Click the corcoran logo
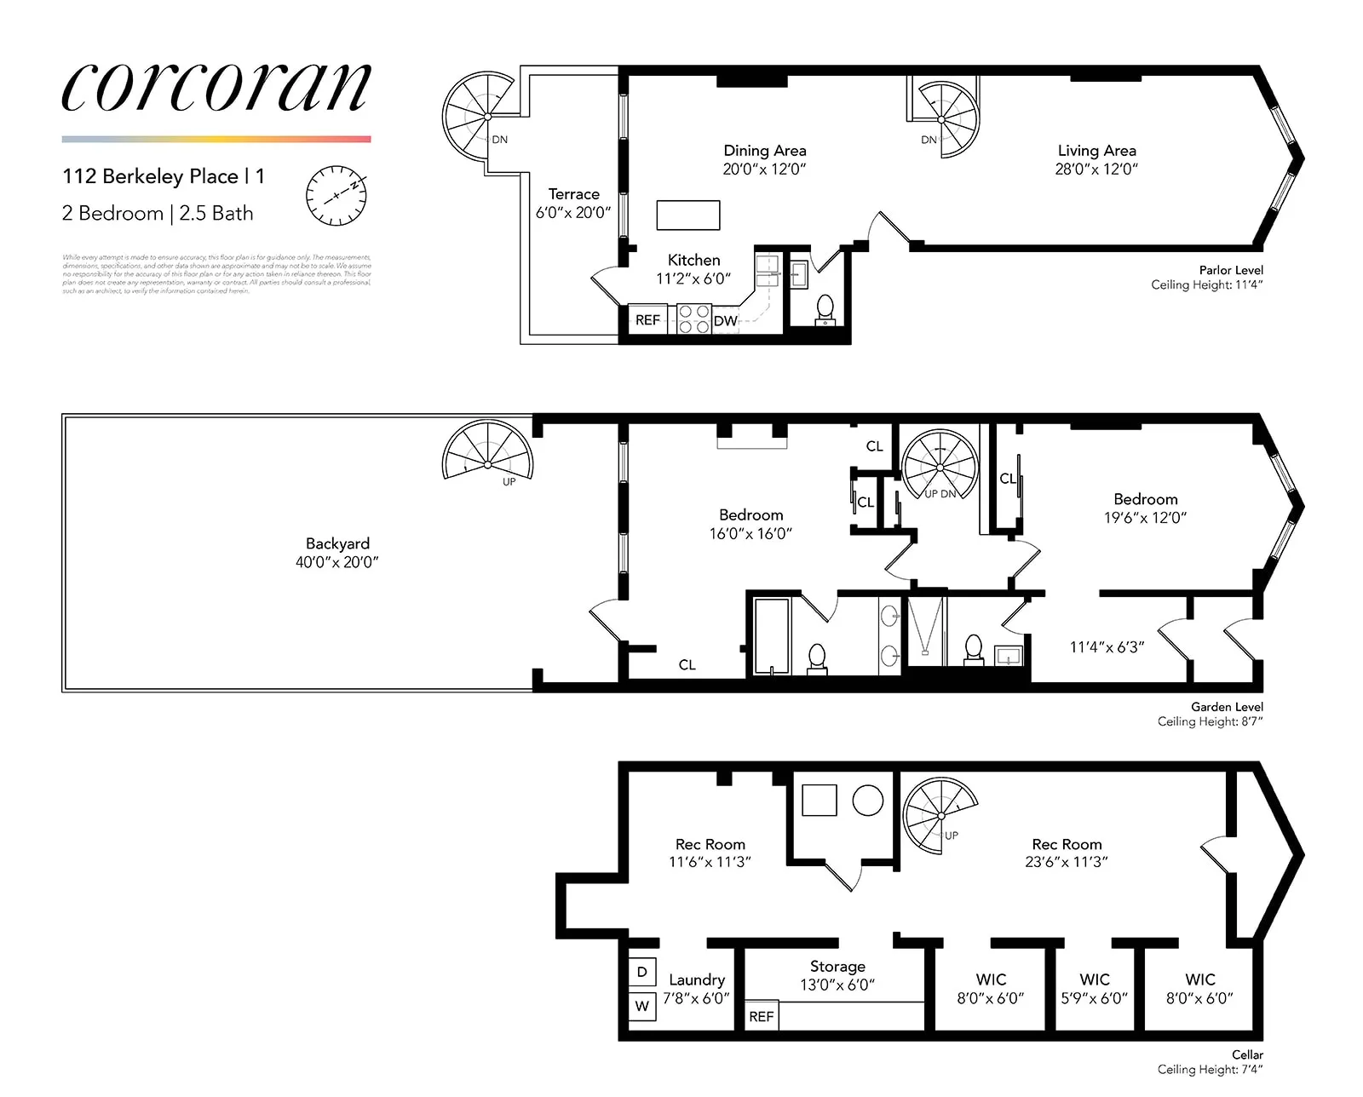[216, 88]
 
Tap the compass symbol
[336, 195]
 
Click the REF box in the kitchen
[647, 320]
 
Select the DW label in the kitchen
[725, 321]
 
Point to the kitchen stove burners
[693, 319]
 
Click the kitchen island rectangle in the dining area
[688, 215]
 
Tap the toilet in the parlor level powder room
[825, 308]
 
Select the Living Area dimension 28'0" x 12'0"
[1096, 169]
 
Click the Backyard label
[337, 543]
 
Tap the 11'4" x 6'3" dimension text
[1107, 647]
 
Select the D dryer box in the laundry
[642, 972]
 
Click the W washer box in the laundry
[642, 1006]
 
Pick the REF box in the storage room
[762, 1016]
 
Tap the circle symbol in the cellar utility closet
[868, 801]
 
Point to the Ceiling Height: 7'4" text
[1210, 1070]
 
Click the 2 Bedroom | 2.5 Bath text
[158, 214]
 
